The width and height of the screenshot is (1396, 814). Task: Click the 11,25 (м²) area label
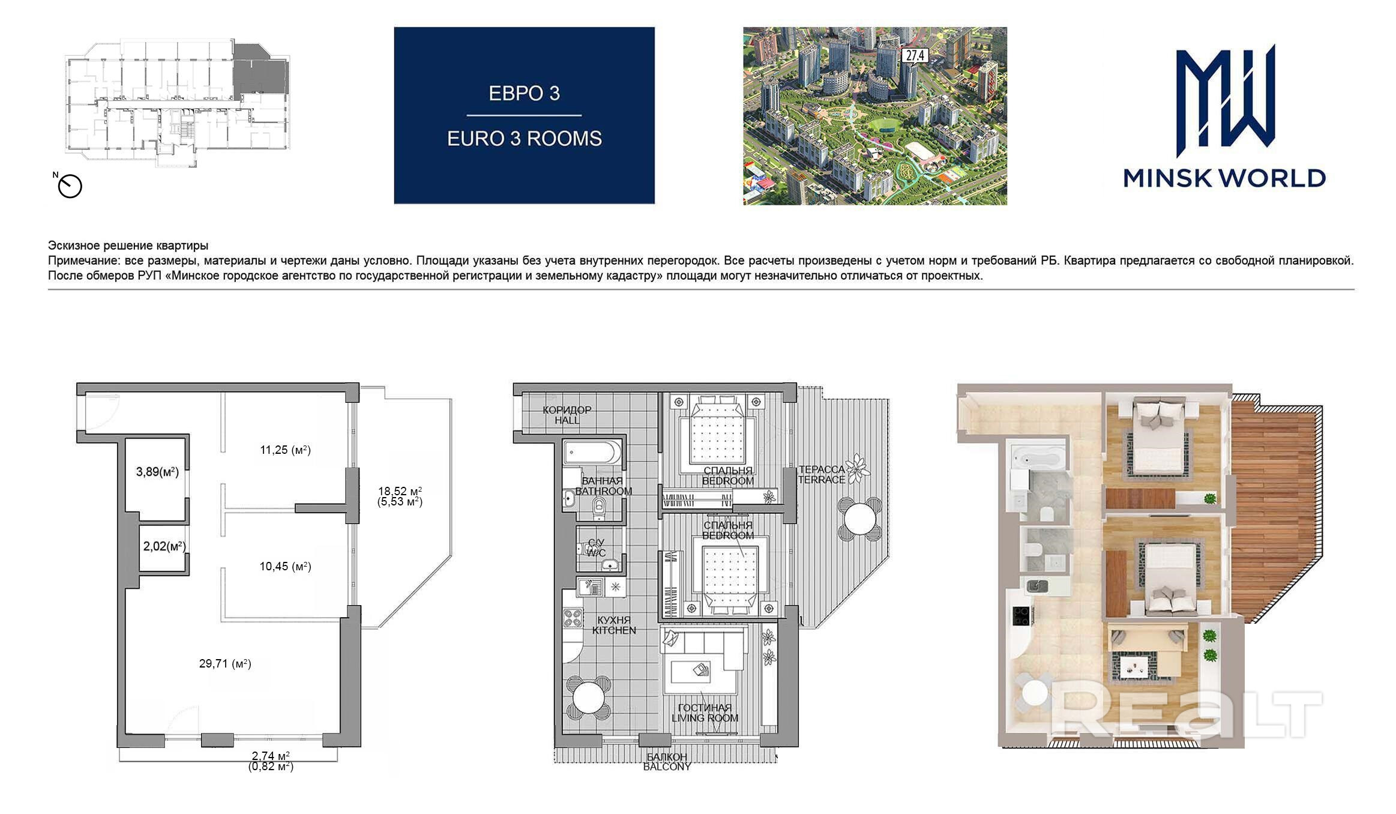(285, 450)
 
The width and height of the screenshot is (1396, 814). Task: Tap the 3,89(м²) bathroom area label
(157, 472)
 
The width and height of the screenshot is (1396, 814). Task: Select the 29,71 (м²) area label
(225, 663)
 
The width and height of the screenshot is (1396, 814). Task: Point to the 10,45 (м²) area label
(285, 566)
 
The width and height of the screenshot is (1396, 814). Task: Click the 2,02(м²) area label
(164, 546)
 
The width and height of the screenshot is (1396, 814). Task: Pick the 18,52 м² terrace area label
(400, 490)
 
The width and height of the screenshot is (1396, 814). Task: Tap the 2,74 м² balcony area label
(271, 756)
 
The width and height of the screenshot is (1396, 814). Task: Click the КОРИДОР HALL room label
(567, 415)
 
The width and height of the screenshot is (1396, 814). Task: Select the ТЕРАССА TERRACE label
(822, 474)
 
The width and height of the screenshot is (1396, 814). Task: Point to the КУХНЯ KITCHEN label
(614, 625)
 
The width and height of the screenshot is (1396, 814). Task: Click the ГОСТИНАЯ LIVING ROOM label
(705, 713)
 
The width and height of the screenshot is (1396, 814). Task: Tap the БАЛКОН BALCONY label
(667, 762)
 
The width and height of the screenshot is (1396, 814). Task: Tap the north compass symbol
(70, 186)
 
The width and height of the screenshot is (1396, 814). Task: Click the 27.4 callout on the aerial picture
(915, 56)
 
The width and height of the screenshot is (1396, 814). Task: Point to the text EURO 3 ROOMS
(525, 139)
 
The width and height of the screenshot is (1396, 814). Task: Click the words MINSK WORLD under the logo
(1224, 178)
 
